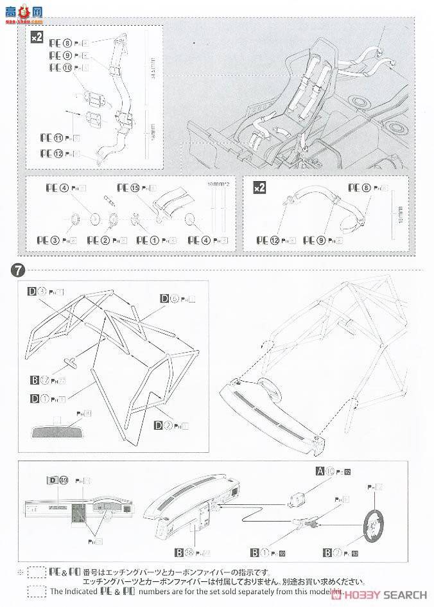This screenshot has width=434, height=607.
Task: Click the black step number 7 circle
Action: (14, 270)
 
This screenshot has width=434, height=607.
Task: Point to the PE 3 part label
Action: (60, 240)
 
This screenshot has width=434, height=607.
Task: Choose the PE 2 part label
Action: (103, 240)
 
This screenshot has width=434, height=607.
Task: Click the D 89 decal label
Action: (58, 480)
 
